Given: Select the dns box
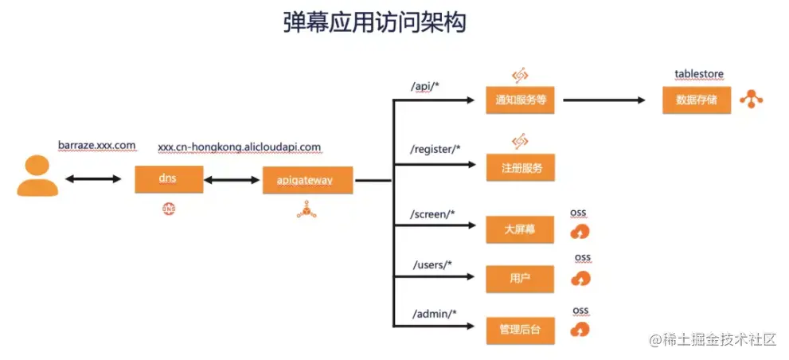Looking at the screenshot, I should [x=166, y=179].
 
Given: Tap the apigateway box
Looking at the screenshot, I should [x=308, y=180].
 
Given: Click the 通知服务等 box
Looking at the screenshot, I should [x=520, y=100].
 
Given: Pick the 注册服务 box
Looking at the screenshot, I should [x=520, y=168].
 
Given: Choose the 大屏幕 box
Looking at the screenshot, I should [x=519, y=230].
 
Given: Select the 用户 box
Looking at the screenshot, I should [x=519, y=278].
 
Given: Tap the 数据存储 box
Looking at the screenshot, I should [x=696, y=100].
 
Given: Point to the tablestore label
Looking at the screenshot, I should [x=698, y=74].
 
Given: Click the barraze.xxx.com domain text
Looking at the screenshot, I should [x=96, y=145].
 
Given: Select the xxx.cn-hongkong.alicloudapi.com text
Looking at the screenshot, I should [x=239, y=147].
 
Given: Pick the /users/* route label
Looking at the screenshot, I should [x=432, y=264].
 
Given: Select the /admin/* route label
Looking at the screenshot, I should [x=434, y=313].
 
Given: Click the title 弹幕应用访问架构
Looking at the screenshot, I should [x=374, y=22].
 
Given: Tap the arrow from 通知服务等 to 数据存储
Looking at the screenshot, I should [x=604, y=100].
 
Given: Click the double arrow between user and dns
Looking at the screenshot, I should [x=92, y=179].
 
